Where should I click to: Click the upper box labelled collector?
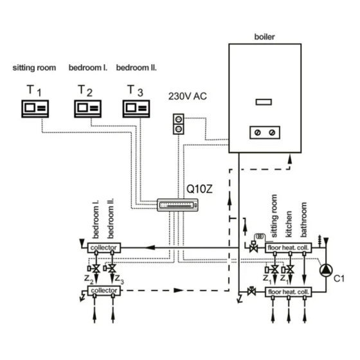(x=104, y=247)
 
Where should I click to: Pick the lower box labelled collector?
(x=104, y=291)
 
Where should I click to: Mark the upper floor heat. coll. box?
(x=289, y=247)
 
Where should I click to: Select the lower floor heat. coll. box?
(x=289, y=291)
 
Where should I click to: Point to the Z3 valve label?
(x=120, y=278)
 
